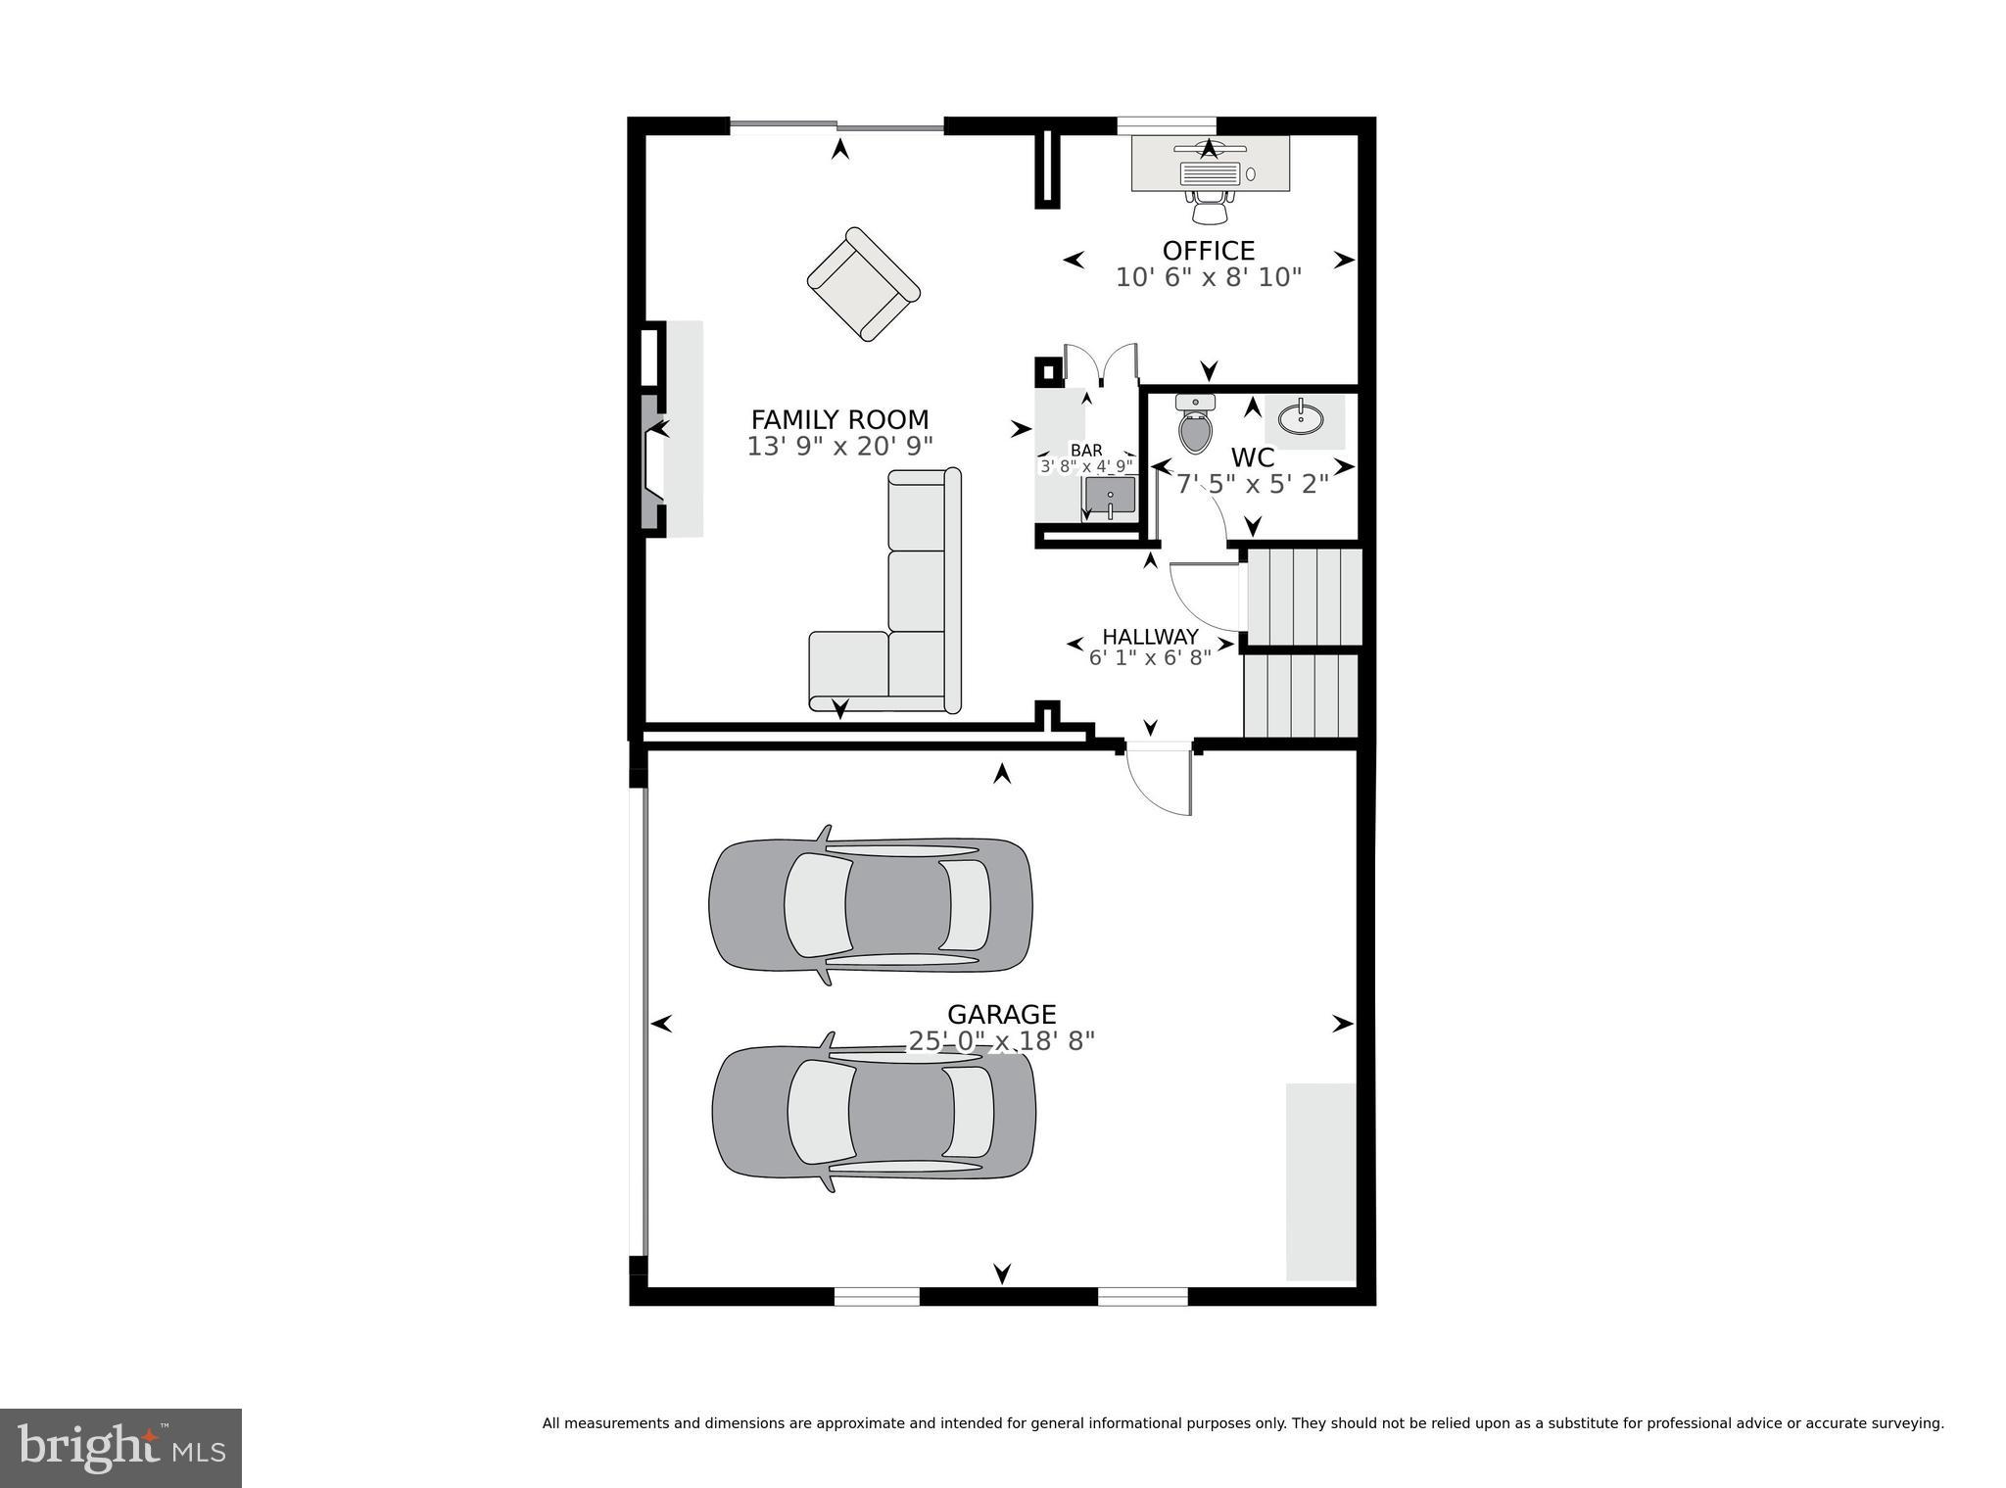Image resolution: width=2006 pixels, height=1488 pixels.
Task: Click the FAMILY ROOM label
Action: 839,419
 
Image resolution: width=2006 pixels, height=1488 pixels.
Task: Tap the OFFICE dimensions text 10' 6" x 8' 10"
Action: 1208,278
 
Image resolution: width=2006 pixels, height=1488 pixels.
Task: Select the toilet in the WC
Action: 1195,425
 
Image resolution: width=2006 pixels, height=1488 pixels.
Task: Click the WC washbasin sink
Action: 1301,419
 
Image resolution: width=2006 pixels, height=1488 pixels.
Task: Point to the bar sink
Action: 1110,496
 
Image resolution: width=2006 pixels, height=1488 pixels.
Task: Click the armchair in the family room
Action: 863,284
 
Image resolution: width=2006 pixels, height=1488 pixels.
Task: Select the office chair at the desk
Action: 1211,207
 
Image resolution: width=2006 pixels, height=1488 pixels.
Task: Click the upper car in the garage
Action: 870,905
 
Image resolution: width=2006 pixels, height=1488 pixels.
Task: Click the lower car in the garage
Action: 873,1112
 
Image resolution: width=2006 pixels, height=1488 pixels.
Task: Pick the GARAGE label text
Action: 1001,1014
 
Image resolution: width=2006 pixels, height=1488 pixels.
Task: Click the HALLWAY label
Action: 1150,637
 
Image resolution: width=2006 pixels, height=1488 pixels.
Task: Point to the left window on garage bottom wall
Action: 877,1297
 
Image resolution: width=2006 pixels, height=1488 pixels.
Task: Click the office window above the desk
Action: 1167,124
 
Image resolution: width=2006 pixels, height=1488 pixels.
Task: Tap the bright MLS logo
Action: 120,1448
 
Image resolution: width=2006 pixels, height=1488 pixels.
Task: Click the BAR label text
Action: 1086,451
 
